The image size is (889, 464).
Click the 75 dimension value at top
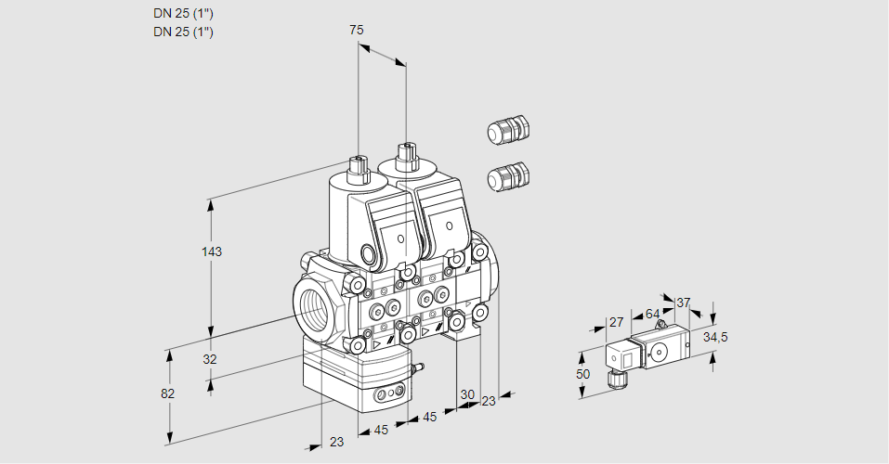coord(357,30)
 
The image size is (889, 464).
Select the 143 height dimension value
coord(213,251)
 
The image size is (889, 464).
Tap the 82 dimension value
coord(167,393)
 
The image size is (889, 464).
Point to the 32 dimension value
coord(209,359)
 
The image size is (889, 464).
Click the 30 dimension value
coord(466,393)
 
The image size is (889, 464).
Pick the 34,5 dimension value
coord(715,337)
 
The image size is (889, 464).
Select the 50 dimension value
coord(582,374)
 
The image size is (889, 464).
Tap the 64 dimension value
coord(652,314)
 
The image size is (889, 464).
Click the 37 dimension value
coord(684,303)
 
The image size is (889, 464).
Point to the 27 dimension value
coord(615,322)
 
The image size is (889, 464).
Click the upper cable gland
coord(507,130)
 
